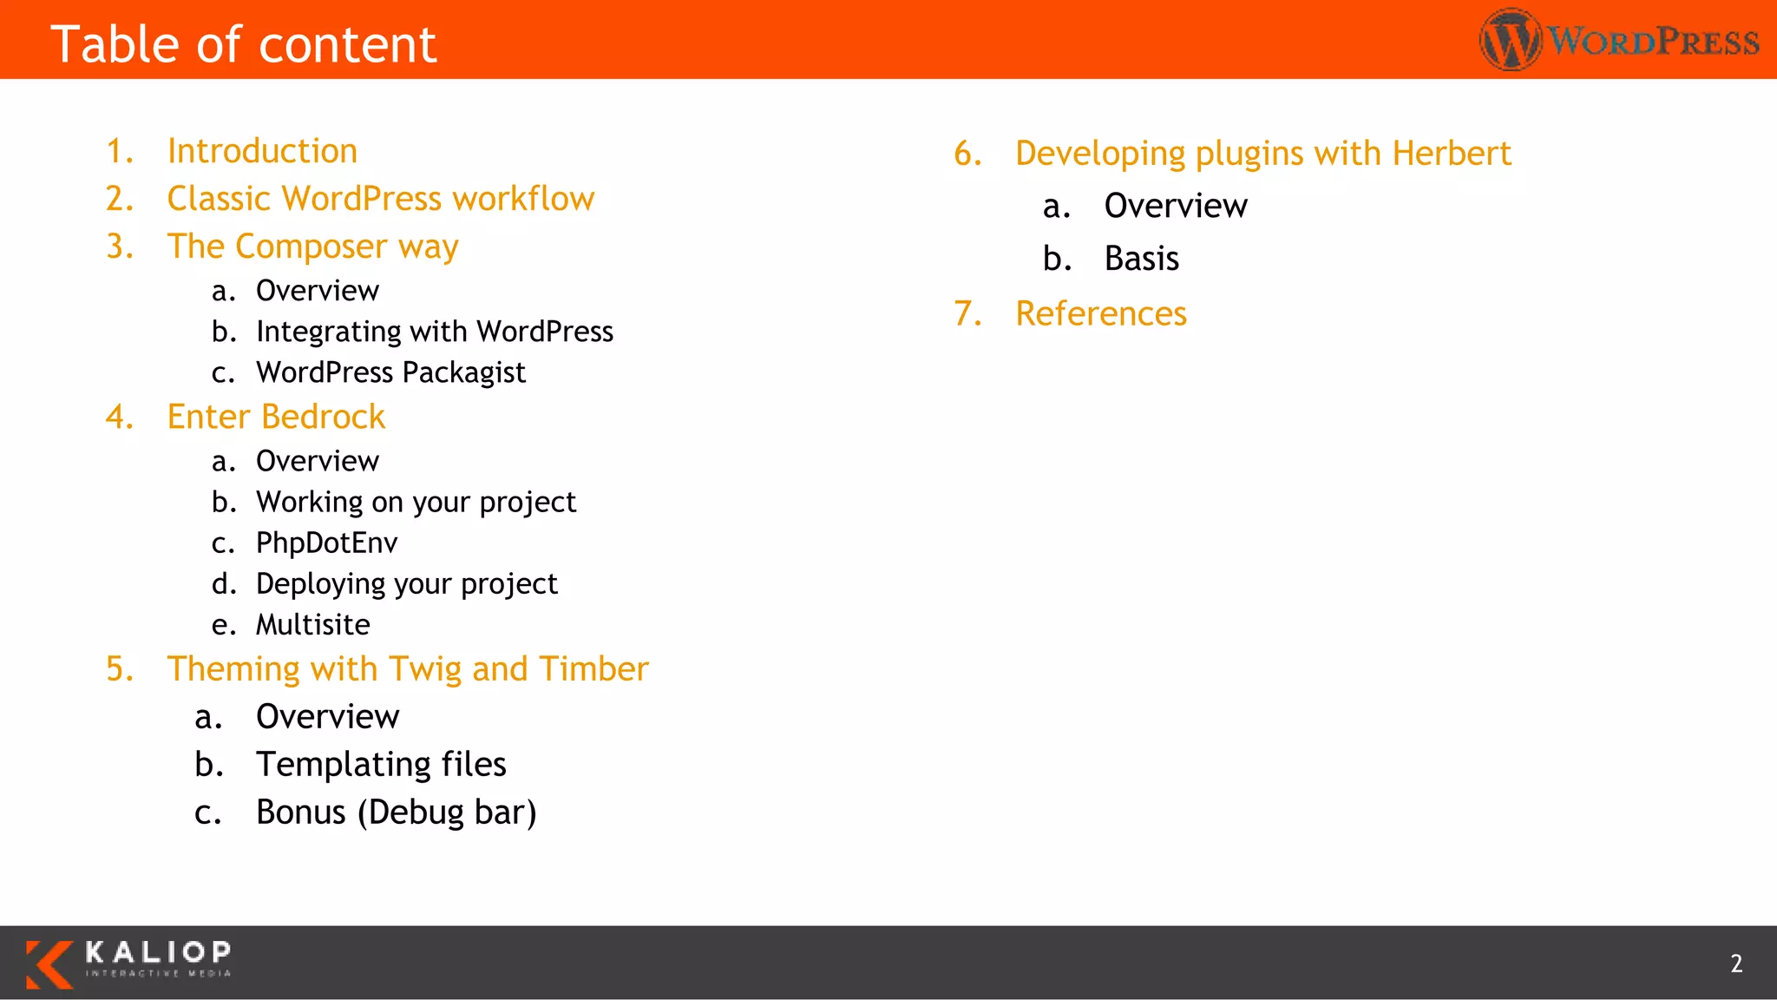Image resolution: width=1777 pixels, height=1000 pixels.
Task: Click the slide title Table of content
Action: (243, 45)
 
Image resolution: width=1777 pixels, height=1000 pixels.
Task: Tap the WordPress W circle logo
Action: (1511, 40)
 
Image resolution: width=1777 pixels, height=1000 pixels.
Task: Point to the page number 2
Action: (1736, 964)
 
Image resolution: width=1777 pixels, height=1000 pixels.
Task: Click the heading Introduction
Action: (262, 151)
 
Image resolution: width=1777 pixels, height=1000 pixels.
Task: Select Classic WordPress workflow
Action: (380, 199)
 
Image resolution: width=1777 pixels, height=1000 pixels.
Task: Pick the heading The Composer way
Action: (312, 247)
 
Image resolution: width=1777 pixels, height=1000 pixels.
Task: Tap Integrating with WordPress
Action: (434, 332)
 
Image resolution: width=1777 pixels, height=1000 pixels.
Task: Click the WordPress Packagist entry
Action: (390, 372)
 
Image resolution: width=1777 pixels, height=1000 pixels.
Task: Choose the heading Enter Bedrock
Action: (276, 417)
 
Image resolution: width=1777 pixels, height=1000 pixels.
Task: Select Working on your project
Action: (416, 502)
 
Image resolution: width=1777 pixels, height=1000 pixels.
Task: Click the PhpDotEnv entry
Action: (326, 543)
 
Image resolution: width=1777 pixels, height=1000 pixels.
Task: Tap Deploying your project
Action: (406, 583)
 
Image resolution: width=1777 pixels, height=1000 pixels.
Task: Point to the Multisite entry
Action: (312, 625)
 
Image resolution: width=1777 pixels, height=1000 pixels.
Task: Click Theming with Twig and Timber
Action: (408, 669)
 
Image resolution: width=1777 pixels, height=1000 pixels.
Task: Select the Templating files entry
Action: (381, 765)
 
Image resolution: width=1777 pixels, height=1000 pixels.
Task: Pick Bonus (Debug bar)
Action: (396, 812)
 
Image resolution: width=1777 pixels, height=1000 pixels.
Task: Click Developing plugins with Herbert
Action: (1262, 154)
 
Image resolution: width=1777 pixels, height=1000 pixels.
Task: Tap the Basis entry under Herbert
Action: (1141, 259)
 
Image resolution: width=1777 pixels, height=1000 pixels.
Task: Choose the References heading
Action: (1100, 313)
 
